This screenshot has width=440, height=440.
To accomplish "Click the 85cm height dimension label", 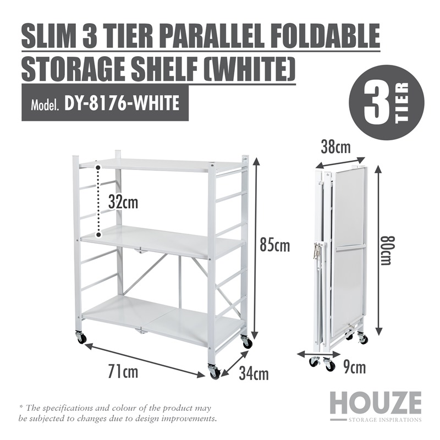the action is pyautogui.click(x=274, y=246).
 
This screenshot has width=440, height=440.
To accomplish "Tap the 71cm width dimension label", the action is pyautogui.click(x=123, y=372).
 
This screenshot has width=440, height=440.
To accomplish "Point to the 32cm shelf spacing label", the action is pyautogui.click(x=123, y=202).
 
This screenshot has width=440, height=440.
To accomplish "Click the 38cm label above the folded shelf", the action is pyautogui.click(x=336, y=147).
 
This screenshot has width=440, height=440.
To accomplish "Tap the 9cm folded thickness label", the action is pyautogui.click(x=354, y=367).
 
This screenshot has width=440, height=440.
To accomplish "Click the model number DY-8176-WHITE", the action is pyautogui.click(x=122, y=103).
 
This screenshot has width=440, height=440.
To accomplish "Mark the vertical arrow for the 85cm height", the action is pyautogui.click(x=255, y=249).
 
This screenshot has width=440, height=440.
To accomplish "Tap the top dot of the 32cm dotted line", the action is pyautogui.click(x=98, y=168).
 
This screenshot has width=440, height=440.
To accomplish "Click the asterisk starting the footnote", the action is pyautogui.click(x=20, y=406).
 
